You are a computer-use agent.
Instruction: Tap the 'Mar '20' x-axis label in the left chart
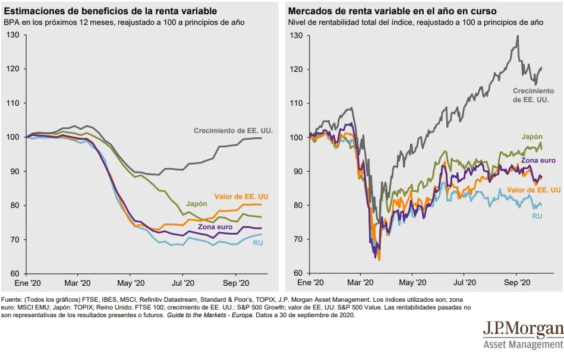[x=77, y=283]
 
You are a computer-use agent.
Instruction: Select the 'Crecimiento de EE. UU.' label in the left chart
[x=234, y=130]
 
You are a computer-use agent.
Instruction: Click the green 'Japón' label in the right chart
[x=532, y=137]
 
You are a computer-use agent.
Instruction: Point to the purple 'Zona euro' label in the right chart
[x=538, y=160]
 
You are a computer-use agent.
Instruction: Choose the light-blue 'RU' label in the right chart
[x=536, y=216]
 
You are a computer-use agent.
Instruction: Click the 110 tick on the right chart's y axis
[x=295, y=103]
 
